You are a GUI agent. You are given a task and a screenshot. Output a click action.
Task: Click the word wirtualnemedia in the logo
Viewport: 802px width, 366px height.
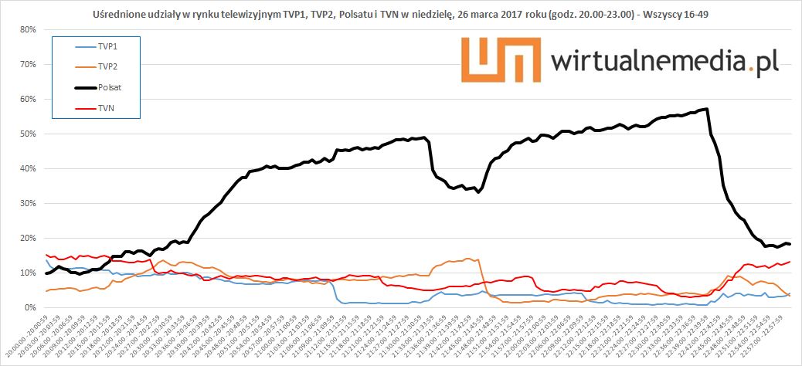point(651,62)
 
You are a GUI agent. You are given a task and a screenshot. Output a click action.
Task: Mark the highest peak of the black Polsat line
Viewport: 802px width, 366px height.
point(707,109)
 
